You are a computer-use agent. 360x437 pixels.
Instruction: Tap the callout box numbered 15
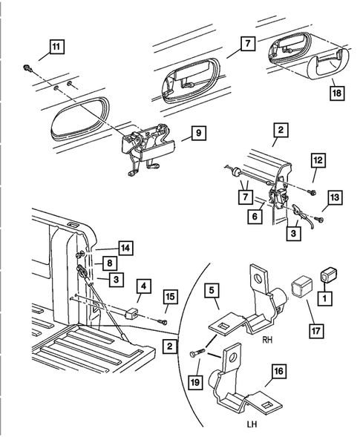(x=170, y=298)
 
